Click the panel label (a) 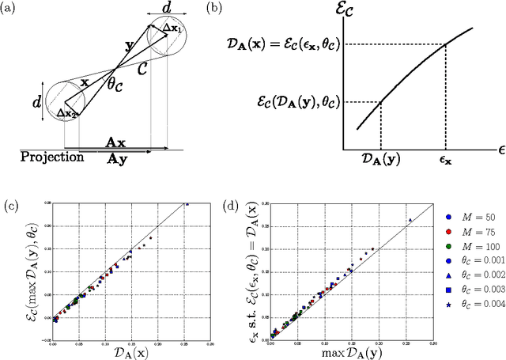click(x=10, y=10)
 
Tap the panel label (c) click(x=10, y=207)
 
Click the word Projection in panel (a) click(x=52, y=157)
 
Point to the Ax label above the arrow click(x=115, y=142)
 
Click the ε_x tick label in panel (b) click(x=447, y=159)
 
